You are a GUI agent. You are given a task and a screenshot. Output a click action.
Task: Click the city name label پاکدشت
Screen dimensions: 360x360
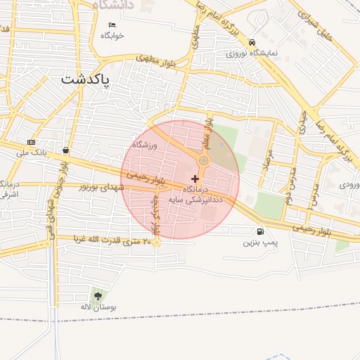[86, 79]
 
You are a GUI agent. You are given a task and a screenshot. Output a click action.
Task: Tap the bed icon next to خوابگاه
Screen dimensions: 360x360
[111, 25]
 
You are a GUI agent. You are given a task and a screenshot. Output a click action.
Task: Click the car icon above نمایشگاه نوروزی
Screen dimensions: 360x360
[252, 41]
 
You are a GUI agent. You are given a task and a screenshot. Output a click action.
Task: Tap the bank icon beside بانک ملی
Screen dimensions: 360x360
[30, 141]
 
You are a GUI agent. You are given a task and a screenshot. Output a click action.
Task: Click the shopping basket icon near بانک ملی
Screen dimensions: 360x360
[65, 150]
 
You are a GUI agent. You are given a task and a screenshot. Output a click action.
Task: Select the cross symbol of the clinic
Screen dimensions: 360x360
[195, 179]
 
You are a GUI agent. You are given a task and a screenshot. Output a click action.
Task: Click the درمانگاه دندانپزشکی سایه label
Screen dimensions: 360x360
[195, 195]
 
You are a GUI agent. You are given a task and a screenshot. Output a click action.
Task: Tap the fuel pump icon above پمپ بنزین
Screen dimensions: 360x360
[261, 231]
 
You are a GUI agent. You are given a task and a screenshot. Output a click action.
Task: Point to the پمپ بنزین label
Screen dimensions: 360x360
[257, 243]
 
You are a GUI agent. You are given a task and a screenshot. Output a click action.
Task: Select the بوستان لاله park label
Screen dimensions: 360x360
[97, 307]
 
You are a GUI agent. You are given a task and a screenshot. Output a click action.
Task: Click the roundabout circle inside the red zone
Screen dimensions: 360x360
[203, 161]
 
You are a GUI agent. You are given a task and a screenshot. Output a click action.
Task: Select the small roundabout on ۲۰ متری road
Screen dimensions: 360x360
[157, 243]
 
